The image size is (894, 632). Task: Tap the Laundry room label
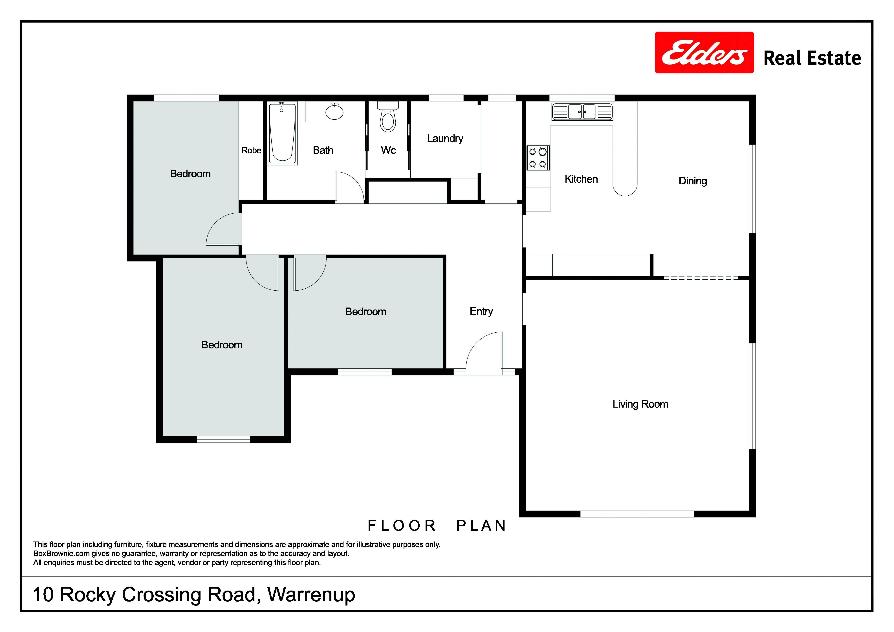click(445, 139)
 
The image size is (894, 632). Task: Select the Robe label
click(251, 150)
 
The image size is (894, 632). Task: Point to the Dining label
click(693, 181)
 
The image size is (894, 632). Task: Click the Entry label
click(481, 311)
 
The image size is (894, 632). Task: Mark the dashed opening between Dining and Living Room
click(701, 278)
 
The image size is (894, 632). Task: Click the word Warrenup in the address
click(311, 595)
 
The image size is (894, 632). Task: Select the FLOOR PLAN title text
click(437, 526)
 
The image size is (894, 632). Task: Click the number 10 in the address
click(43, 595)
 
